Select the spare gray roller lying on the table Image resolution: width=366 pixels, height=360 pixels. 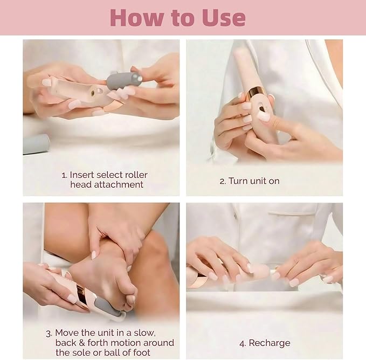36,144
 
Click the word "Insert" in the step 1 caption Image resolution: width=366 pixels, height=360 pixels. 82,175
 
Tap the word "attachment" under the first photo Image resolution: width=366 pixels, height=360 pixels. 107,185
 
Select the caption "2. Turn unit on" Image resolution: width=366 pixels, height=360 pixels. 249,181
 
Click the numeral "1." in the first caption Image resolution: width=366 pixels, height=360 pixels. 64,175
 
